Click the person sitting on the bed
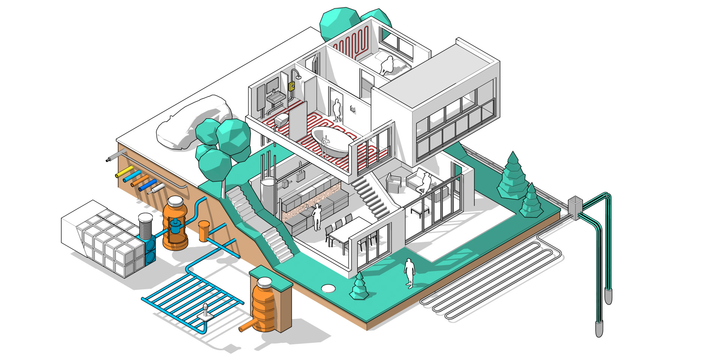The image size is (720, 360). [387, 65]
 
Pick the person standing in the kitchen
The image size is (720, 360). [317, 217]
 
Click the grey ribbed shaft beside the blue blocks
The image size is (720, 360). [145, 226]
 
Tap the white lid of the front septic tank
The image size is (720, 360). [264, 282]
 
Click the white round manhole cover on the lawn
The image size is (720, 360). [328, 288]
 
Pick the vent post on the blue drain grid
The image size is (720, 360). [205, 311]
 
